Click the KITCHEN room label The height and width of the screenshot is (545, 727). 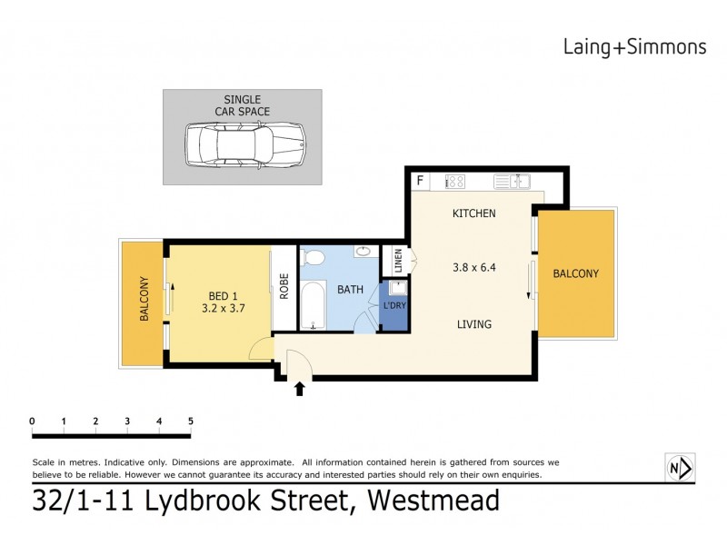pyautogui.click(x=473, y=214)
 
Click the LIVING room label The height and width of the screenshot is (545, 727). pyautogui.click(x=473, y=324)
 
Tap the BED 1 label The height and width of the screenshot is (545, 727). pyautogui.click(x=224, y=295)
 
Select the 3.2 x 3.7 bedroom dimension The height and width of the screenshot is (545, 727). pyautogui.click(x=222, y=309)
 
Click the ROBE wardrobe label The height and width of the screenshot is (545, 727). pyautogui.click(x=284, y=288)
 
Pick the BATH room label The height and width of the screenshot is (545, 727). pyautogui.click(x=351, y=291)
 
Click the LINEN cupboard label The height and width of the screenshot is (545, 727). pyautogui.click(x=398, y=261)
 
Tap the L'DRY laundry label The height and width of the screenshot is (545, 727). pyautogui.click(x=394, y=304)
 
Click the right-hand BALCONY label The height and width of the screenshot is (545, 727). pyautogui.click(x=575, y=273)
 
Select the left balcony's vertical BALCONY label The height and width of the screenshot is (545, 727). pyautogui.click(x=144, y=300)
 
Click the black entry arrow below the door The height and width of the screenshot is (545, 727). pyautogui.click(x=299, y=390)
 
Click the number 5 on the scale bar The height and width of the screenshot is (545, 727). pyautogui.click(x=191, y=421)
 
